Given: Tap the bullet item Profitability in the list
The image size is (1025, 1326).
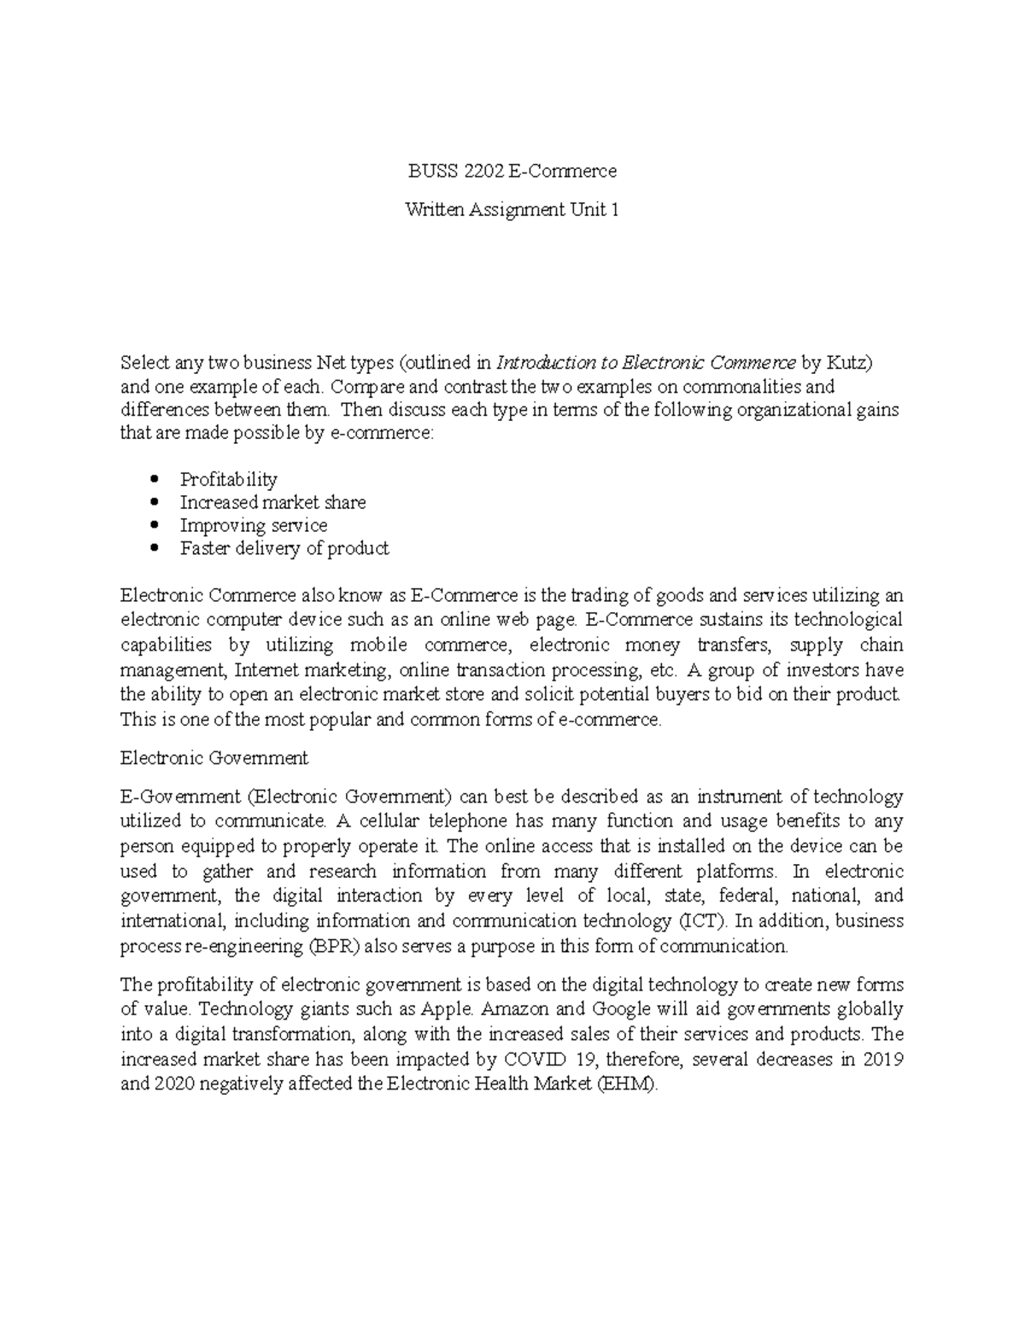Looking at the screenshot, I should coord(228,479).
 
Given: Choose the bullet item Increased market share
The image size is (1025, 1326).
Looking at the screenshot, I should coord(272,502).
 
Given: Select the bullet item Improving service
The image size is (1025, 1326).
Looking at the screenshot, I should coord(253,525).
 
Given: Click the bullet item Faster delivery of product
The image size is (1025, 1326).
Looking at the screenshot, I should coord(284,548).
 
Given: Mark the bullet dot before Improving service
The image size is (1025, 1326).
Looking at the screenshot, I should coord(154,526).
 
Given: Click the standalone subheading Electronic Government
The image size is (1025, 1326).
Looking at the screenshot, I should coord(214,757).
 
